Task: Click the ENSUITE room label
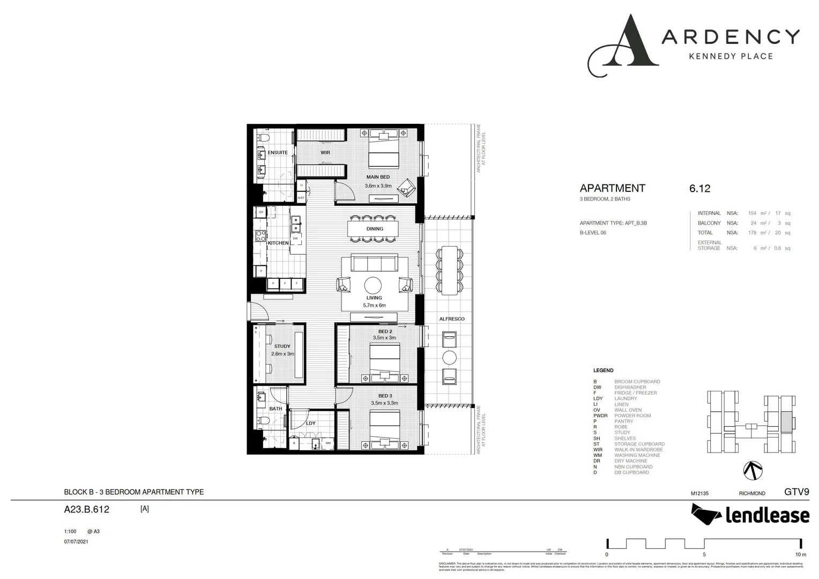click(278, 153)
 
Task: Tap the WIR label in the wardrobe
click(325, 153)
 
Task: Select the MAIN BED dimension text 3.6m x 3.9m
click(378, 186)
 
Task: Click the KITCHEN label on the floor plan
click(278, 243)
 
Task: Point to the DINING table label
click(375, 229)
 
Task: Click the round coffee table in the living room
click(374, 285)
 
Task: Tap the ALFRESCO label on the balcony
click(452, 319)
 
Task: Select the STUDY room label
click(282, 346)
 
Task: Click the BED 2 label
click(385, 332)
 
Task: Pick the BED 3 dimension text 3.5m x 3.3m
click(384, 403)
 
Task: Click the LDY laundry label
click(311, 424)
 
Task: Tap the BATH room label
click(276, 409)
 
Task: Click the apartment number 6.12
click(699, 188)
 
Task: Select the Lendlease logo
click(750, 515)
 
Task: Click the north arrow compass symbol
click(753, 470)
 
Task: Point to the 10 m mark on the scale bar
click(800, 554)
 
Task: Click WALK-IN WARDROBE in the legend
click(638, 450)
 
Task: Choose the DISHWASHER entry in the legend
click(630, 387)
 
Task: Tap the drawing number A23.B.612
click(86, 509)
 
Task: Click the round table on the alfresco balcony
click(449, 358)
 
